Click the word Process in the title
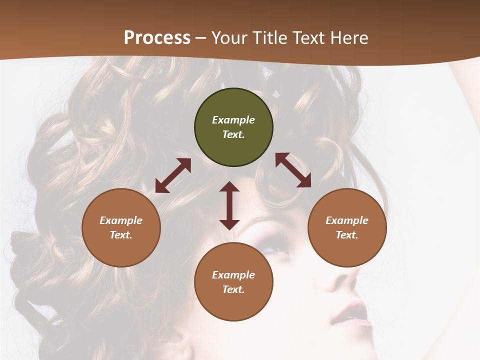(x=157, y=38)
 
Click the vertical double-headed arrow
(x=229, y=205)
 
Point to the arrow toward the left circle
(x=173, y=175)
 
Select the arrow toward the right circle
(x=293, y=170)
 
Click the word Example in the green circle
(x=233, y=120)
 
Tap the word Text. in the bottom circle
(x=233, y=289)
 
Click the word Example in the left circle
(x=121, y=220)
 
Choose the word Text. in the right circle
(x=347, y=235)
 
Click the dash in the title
(x=200, y=38)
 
